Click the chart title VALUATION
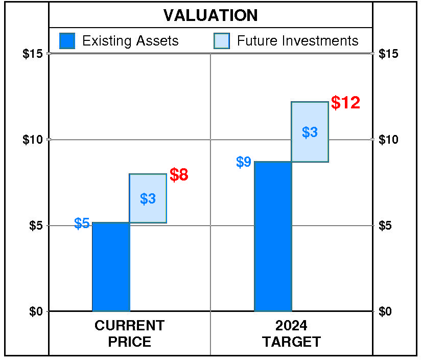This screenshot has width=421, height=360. [211, 15]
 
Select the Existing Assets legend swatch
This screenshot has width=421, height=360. [67, 41]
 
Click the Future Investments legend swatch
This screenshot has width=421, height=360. [222, 41]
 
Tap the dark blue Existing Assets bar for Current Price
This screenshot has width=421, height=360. [111, 267]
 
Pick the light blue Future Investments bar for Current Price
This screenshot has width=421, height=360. [148, 198]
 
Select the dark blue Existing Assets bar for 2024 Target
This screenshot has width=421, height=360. [273, 236]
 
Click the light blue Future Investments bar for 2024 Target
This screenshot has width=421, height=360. [310, 132]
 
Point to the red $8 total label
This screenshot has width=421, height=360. [179, 175]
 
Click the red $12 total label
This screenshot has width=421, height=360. [345, 103]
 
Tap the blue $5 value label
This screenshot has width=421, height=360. [82, 223]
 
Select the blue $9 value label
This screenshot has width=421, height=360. [244, 162]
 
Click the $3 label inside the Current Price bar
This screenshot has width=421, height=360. [148, 199]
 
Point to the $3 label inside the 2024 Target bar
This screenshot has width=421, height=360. [310, 132]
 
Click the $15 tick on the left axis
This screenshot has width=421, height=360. [33, 54]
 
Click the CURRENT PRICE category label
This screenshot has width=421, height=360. [130, 333]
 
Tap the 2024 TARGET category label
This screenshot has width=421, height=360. [291, 333]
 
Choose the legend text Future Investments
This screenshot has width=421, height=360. [298, 41]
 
